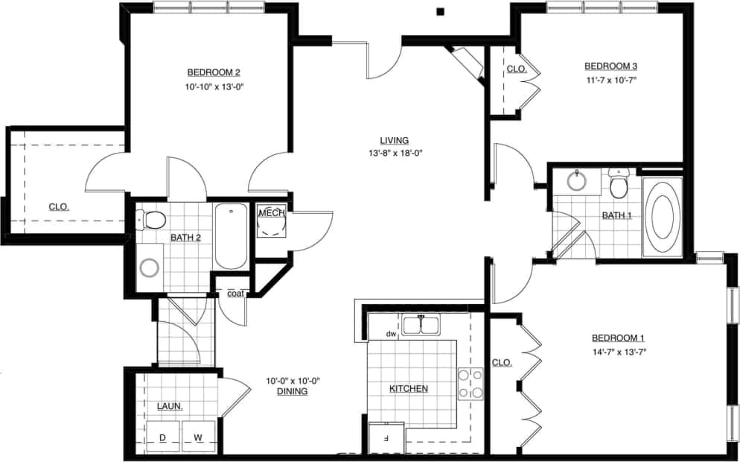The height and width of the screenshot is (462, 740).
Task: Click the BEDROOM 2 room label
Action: tap(213, 72)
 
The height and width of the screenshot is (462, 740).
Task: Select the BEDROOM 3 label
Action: tap(610, 65)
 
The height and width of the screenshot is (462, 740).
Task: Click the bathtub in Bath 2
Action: tap(231, 236)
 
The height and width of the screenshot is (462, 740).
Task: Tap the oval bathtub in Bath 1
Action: tap(661, 216)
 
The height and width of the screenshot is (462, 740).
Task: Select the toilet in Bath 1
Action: tap(619, 184)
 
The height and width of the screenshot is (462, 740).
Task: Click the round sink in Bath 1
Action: tap(577, 181)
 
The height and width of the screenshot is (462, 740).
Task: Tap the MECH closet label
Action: tap(268, 213)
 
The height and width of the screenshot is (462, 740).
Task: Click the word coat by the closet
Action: tap(235, 293)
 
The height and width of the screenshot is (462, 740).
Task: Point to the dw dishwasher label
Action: tap(389, 334)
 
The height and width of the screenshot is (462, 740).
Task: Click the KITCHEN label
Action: tap(409, 388)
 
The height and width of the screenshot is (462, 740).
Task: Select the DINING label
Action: tap(292, 391)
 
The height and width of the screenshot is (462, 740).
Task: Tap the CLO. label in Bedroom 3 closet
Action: tap(517, 69)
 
